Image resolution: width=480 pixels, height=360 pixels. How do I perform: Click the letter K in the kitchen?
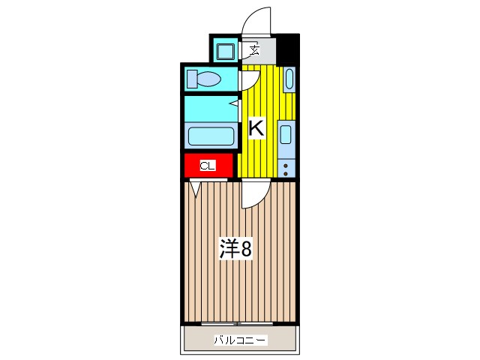click(x=256, y=128)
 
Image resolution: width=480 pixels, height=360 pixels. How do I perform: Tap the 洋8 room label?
click(x=235, y=248)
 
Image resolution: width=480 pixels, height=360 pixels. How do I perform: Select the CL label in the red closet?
click(x=208, y=166)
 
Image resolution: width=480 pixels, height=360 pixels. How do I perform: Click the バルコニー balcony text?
click(x=239, y=340)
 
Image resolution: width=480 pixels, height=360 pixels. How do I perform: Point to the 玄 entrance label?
click(x=255, y=51)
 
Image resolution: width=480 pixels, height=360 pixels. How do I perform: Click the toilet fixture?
click(x=203, y=79)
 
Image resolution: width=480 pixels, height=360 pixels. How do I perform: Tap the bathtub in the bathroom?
click(x=210, y=136)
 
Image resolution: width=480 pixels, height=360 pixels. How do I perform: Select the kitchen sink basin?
click(x=286, y=136)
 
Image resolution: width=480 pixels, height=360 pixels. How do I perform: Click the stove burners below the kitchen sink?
click(x=286, y=167)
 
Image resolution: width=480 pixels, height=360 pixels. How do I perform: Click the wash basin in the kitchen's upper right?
click(x=289, y=79)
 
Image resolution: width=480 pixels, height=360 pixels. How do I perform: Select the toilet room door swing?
click(x=249, y=79)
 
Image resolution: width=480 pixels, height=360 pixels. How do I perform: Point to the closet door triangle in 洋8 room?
click(x=196, y=187)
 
